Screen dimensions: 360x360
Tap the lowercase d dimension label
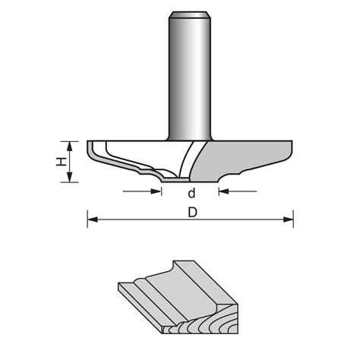click(x=191, y=193)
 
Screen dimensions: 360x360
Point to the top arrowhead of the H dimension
click(x=70, y=144)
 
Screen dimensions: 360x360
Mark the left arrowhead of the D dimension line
click(x=92, y=220)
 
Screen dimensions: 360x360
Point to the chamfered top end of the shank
click(x=190, y=13)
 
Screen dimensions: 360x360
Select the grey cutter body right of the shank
click(x=243, y=156)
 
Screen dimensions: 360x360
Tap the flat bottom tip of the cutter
click(x=179, y=182)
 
